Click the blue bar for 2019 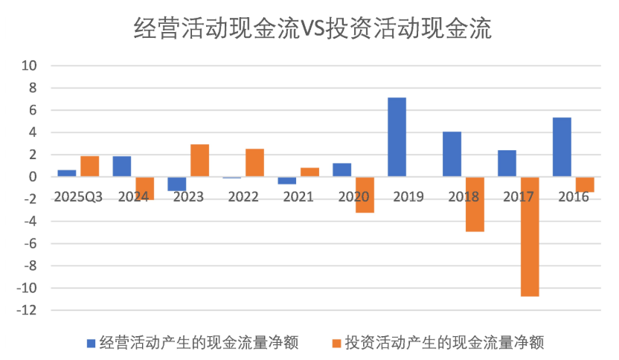[x=397, y=137]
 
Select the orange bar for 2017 [x=529, y=237]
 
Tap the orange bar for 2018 [x=474, y=204]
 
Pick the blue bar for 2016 [x=562, y=147]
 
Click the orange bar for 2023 [x=199, y=160]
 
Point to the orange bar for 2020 [x=364, y=195]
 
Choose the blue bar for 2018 [x=452, y=154]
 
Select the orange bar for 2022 [x=254, y=162]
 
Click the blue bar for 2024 [x=122, y=166]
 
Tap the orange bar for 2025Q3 [x=89, y=166]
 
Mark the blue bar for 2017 [x=507, y=163]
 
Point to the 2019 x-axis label [x=408, y=197]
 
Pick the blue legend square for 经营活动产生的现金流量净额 [x=91, y=343]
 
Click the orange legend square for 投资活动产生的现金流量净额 [x=336, y=343]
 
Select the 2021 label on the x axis [x=299, y=197]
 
